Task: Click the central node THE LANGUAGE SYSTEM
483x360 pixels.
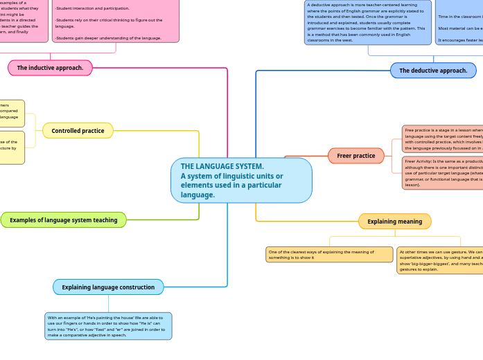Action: coord(241,181)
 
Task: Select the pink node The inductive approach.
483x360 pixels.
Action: coord(50,68)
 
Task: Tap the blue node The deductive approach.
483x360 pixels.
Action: coord(433,71)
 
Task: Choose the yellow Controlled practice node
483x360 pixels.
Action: coord(78,131)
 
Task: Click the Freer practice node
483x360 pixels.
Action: coord(355,156)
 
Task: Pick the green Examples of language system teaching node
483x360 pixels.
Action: coord(64,220)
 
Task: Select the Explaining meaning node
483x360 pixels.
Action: coord(394,222)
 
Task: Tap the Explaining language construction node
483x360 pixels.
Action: coord(108,287)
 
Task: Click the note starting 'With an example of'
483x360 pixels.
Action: coord(108,326)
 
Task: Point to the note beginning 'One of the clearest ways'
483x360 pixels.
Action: coord(329,255)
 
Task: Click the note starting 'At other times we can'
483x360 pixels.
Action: coord(439,260)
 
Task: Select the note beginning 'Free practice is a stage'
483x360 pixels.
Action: coord(442,139)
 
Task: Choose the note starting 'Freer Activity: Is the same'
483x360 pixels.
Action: coord(442,172)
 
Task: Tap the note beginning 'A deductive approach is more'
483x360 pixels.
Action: coord(367,23)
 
